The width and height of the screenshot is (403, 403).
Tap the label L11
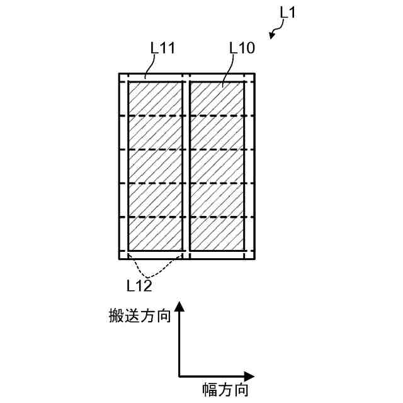coord(162,48)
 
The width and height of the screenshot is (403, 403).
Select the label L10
coord(242,48)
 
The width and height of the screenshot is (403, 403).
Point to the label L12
coord(139,286)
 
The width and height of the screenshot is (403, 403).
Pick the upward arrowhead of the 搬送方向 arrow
coord(179,307)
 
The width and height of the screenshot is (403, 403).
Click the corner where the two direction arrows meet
coord(179,376)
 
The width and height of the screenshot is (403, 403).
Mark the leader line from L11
coord(150,67)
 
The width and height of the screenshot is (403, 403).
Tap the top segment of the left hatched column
coord(155,99)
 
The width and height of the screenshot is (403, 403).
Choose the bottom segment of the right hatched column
coord(217,234)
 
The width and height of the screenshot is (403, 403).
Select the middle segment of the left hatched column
coord(155,166)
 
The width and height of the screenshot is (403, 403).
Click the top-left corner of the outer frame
coord(120,74)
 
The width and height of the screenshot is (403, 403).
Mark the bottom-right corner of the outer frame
coord(254,258)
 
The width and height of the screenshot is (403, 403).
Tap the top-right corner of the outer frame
coord(254,74)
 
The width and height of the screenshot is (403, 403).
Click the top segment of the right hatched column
coord(217,99)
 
